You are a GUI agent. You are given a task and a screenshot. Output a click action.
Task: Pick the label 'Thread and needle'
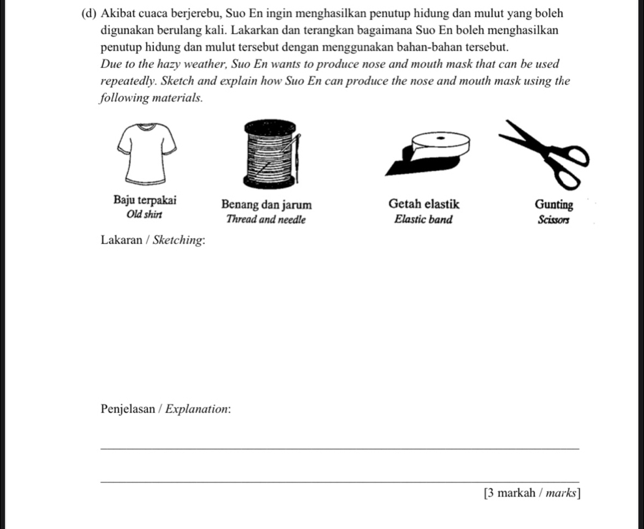(x=266, y=220)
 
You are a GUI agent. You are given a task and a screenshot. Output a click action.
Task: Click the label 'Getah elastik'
(x=423, y=204)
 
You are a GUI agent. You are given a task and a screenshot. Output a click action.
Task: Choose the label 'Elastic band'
(x=423, y=219)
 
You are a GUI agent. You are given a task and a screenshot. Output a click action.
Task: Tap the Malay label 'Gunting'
(x=554, y=205)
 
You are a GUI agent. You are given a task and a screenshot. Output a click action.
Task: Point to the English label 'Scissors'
(x=554, y=220)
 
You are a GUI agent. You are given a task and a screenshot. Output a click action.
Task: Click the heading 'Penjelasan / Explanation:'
(x=166, y=409)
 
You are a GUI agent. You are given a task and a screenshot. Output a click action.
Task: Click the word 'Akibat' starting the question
(x=121, y=14)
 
